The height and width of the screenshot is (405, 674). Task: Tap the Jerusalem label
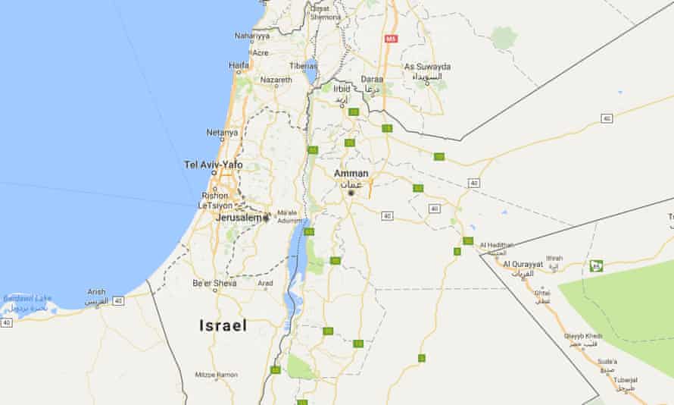[x=239, y=218]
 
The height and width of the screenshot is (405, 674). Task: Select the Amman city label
[x=351, y=174]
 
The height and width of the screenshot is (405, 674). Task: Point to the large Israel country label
[x=223, y=325]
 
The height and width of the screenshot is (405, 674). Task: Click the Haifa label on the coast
[x=239, y=66]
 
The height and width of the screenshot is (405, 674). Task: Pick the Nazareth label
[x=276, y=80]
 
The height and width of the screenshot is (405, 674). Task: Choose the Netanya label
[x=222, y=132]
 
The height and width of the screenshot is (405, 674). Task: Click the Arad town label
[x=266, y=284]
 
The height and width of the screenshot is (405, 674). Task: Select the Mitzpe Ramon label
[x=216, y=375]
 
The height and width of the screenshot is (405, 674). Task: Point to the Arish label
[x=97, y=291]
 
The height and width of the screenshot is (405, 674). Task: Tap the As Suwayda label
[x=428, y=67]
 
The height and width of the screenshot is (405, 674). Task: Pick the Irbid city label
[x=342, y=89]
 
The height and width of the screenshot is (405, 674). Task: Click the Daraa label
[x=372, y=78]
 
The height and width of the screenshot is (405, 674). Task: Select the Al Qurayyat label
[x=523, y=264]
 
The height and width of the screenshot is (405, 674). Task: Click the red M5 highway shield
[x=391, y=38]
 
